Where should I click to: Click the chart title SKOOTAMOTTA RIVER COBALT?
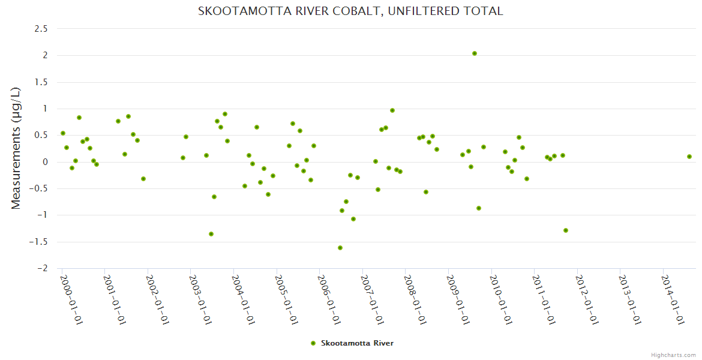(350, 11)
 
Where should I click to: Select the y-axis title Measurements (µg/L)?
(16, 148)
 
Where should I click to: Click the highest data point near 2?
(475, 53)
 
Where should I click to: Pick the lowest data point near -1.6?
(340, 248)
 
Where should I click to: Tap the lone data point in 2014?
(689, 157)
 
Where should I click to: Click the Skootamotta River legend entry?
(352, 343)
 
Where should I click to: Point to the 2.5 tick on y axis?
(42, 29)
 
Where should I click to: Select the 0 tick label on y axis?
(45, 162)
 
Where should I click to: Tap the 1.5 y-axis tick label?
(42, 82)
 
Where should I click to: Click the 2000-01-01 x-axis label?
(71, 299)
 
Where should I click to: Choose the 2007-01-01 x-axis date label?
(371, 299)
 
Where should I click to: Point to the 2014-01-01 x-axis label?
(672, 299)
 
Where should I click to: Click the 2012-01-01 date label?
(586, 299)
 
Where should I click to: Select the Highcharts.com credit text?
(673, 355)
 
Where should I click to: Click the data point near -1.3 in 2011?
(566, 230)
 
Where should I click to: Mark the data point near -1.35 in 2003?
(211, 234)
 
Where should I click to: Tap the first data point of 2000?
(63, 133)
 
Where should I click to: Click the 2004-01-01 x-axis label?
(242, 299)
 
